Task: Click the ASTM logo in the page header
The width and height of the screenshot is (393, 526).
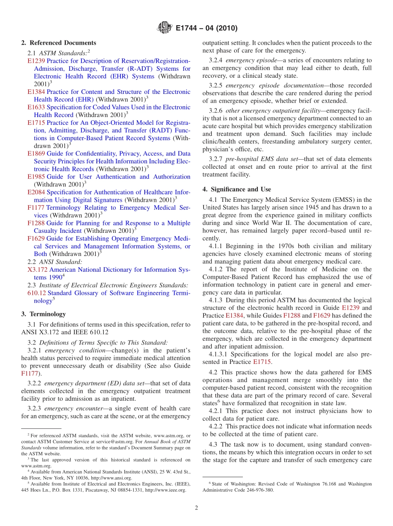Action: point(165,28)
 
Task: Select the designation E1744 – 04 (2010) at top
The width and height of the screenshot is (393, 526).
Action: point(206,29)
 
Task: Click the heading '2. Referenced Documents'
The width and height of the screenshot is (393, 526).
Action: point(59,43)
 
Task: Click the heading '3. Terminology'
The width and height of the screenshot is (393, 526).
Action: point(43,314)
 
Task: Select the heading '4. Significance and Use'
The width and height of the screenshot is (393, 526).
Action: point(237,189)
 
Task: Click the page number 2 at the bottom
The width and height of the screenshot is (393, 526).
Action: point(196,508)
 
